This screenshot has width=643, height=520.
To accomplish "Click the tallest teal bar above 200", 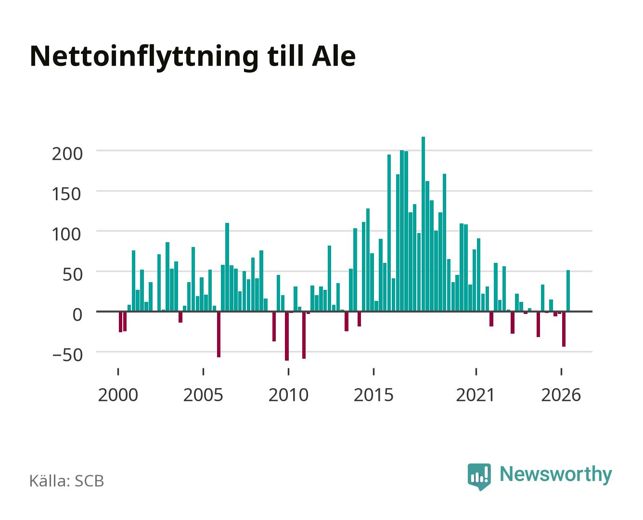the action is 423,224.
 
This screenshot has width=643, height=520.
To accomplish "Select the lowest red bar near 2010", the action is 287,336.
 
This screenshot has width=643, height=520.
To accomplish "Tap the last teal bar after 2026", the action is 568,290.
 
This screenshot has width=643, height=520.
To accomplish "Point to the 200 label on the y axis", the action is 67,154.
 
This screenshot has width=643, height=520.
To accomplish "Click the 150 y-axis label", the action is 66,194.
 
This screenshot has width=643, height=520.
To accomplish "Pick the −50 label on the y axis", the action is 67,355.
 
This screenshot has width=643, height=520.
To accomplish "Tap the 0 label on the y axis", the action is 77,315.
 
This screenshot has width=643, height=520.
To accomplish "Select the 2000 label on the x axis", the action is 118,395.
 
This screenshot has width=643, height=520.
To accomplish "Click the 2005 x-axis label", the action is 203,395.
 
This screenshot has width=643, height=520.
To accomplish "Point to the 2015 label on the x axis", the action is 373,395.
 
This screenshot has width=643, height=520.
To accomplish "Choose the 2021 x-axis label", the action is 475,395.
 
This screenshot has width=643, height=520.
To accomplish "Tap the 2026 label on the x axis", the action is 561,395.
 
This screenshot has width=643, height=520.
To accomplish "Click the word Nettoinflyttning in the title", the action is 144,57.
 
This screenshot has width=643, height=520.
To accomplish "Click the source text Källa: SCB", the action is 67,481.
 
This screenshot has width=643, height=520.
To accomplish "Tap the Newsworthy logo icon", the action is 479,476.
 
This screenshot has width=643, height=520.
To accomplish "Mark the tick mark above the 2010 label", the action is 288,371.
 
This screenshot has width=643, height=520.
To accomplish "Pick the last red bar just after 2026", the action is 564,329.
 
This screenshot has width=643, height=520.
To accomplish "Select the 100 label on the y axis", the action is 66,234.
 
